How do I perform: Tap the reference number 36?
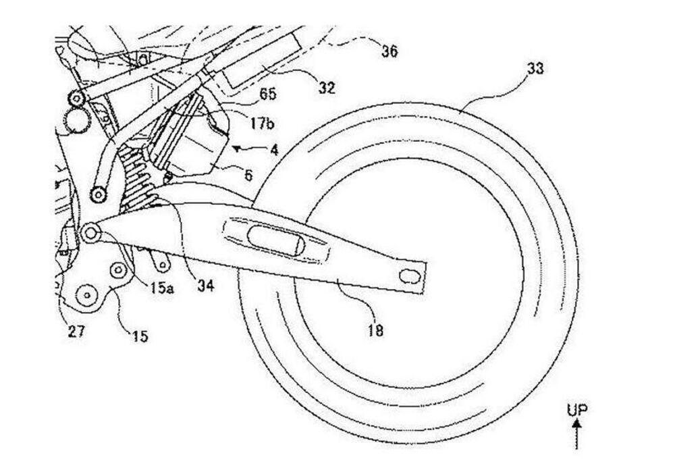(x=389, y=51)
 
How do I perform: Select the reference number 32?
(x=327, y=88)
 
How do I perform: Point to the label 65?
(x=267, y=95)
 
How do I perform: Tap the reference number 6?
(x=248, y=176)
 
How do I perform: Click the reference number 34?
(x=205, y=286)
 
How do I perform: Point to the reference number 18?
(x=375, y=329)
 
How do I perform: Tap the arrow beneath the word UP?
(x=577, y=432)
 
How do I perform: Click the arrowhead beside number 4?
(x=236, y=146)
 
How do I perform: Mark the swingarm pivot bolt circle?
(x=90, y=234)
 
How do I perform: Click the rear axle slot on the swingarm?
(x=408, y=275)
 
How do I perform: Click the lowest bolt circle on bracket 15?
(x=86, y=294)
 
